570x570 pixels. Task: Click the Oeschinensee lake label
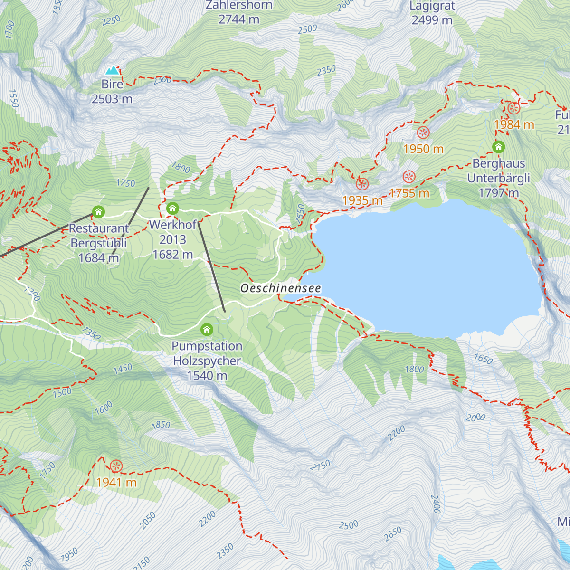280,288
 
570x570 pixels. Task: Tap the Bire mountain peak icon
112,71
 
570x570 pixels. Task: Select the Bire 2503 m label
112,92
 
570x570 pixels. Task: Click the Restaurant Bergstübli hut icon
98,211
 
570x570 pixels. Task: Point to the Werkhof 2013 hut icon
172,208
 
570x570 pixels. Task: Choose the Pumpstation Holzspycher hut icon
207,329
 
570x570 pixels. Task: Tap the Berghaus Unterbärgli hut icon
498,147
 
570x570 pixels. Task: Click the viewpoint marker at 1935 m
362,184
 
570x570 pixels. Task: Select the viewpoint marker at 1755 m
409,177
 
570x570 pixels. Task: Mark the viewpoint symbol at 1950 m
423,133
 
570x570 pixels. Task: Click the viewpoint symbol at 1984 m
514,108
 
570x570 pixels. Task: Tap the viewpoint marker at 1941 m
116,466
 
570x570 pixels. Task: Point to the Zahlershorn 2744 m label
239,12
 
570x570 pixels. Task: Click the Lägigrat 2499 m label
432,13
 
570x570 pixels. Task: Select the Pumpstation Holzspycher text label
207,361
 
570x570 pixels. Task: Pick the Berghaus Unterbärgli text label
498,178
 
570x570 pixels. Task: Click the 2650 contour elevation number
393,534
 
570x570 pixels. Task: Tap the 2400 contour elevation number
435,504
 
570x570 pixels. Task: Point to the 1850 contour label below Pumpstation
161,425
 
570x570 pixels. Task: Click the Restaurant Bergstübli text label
99,243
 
